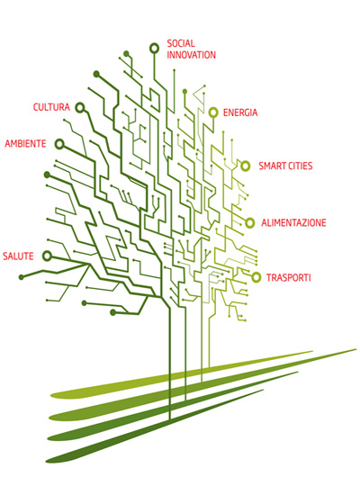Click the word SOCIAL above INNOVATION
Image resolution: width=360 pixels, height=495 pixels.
[x=181, y=43]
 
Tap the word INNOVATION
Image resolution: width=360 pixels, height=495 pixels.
[x=192, y=55]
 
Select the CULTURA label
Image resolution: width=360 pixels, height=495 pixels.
[x=51, y=107]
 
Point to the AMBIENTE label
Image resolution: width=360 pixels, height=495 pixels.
[x=25, y=144]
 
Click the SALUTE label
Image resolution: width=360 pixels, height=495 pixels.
[x=18, y=256]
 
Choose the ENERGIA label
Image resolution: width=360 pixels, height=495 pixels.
[x=240, y=112]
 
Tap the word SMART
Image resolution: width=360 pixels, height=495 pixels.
[x=272, y=166]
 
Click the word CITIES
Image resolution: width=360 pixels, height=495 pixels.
[x=300, y=166]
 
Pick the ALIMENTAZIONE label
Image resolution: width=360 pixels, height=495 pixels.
[x=293, y=223]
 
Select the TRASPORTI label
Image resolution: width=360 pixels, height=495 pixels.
[x=289, y=278]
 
